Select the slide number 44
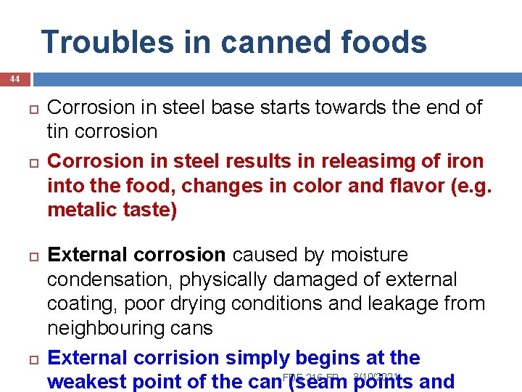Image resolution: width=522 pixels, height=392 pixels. coord(15,78)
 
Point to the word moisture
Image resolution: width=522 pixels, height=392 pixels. coord(369,255)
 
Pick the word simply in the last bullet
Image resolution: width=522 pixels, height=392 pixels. coord(258,358)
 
